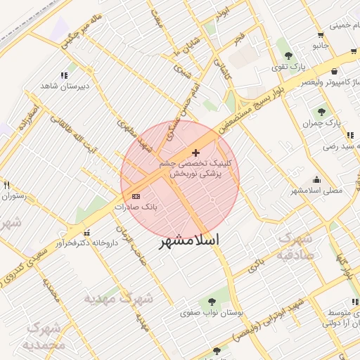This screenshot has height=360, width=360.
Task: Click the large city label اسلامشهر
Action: click(188, 240)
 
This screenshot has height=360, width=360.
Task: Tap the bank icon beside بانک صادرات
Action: click(136, 196)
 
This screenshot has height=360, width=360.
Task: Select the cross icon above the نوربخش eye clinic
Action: click(195, 153)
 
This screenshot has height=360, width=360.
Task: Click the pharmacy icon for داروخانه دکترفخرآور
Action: click(86, 233)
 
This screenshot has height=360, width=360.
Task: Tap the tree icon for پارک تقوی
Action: click(286, 54)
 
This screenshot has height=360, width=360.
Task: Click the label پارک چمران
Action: click(322, 123)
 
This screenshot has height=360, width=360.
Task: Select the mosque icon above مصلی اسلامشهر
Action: click(316, 179)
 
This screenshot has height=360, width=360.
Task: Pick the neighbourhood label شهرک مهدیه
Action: click(118, 299)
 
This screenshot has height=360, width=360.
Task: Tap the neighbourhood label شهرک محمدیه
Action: click(44, 336)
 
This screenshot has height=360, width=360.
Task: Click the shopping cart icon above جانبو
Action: click(321, 34)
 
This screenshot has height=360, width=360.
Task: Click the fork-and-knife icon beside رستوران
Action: click(7, 185)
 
